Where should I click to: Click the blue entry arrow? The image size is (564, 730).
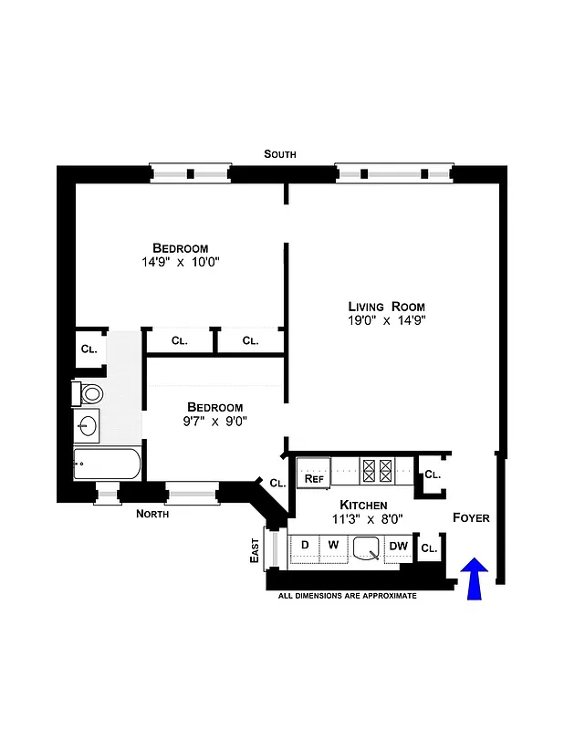474,580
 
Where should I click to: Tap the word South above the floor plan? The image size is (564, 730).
280,154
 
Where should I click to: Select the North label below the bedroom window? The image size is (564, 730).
152,514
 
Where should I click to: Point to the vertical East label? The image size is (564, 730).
256,548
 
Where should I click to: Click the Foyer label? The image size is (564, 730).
471,518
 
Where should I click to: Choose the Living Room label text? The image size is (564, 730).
386,306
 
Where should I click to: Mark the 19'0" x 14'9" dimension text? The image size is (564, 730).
386,321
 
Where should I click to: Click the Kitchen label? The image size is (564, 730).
364,505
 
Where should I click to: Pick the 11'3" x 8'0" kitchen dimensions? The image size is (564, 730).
364,519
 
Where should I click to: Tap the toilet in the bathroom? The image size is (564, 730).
89,394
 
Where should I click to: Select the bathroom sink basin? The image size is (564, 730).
89,425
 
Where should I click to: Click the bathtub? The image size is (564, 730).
107,464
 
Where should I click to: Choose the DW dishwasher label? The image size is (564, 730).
398,547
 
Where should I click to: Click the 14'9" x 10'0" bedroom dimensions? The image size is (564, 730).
180,263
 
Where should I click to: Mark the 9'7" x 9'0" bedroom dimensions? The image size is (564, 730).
214,422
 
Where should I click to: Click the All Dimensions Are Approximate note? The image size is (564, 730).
347,596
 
